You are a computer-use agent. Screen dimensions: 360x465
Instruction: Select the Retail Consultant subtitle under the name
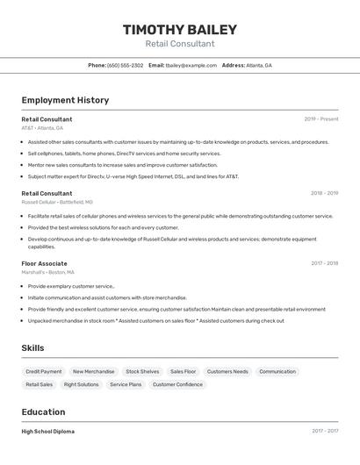click(x=179, y=44)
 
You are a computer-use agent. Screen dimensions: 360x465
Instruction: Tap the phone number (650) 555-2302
click(x=125, y=66)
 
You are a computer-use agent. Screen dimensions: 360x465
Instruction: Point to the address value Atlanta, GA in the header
click(x=259, y=66)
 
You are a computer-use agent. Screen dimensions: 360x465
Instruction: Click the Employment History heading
click(x=65, y=100)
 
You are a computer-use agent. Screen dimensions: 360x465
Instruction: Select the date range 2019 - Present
click(x=321, y=119)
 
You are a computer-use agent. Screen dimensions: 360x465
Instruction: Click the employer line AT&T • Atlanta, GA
click(x=42, y=128)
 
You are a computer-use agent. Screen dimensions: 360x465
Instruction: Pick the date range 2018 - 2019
click(x=324, y=194)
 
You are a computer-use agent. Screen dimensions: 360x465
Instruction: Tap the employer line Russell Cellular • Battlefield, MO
click(x=57, y=203)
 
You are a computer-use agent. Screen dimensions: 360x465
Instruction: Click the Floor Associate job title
click(x=44, y=263)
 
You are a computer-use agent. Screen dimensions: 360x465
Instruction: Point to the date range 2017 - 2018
click(x=324, y=263)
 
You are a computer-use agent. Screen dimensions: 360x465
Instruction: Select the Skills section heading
click(x=32, y=348)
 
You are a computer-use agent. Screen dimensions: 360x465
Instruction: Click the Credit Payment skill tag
click(x=44, y=372)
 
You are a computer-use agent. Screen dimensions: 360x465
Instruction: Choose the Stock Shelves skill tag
click(x=142, y=372)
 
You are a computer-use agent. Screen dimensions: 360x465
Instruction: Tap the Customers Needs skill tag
click(x=227, y=372)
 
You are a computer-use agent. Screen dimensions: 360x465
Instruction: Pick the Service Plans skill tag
click(x=126, y=385)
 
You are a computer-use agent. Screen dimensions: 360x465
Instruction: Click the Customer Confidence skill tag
click(x=177, y=385)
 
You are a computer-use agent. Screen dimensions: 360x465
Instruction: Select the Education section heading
click(x=43, y=412)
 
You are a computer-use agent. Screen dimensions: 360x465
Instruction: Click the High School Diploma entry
click(x=47, y=432)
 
